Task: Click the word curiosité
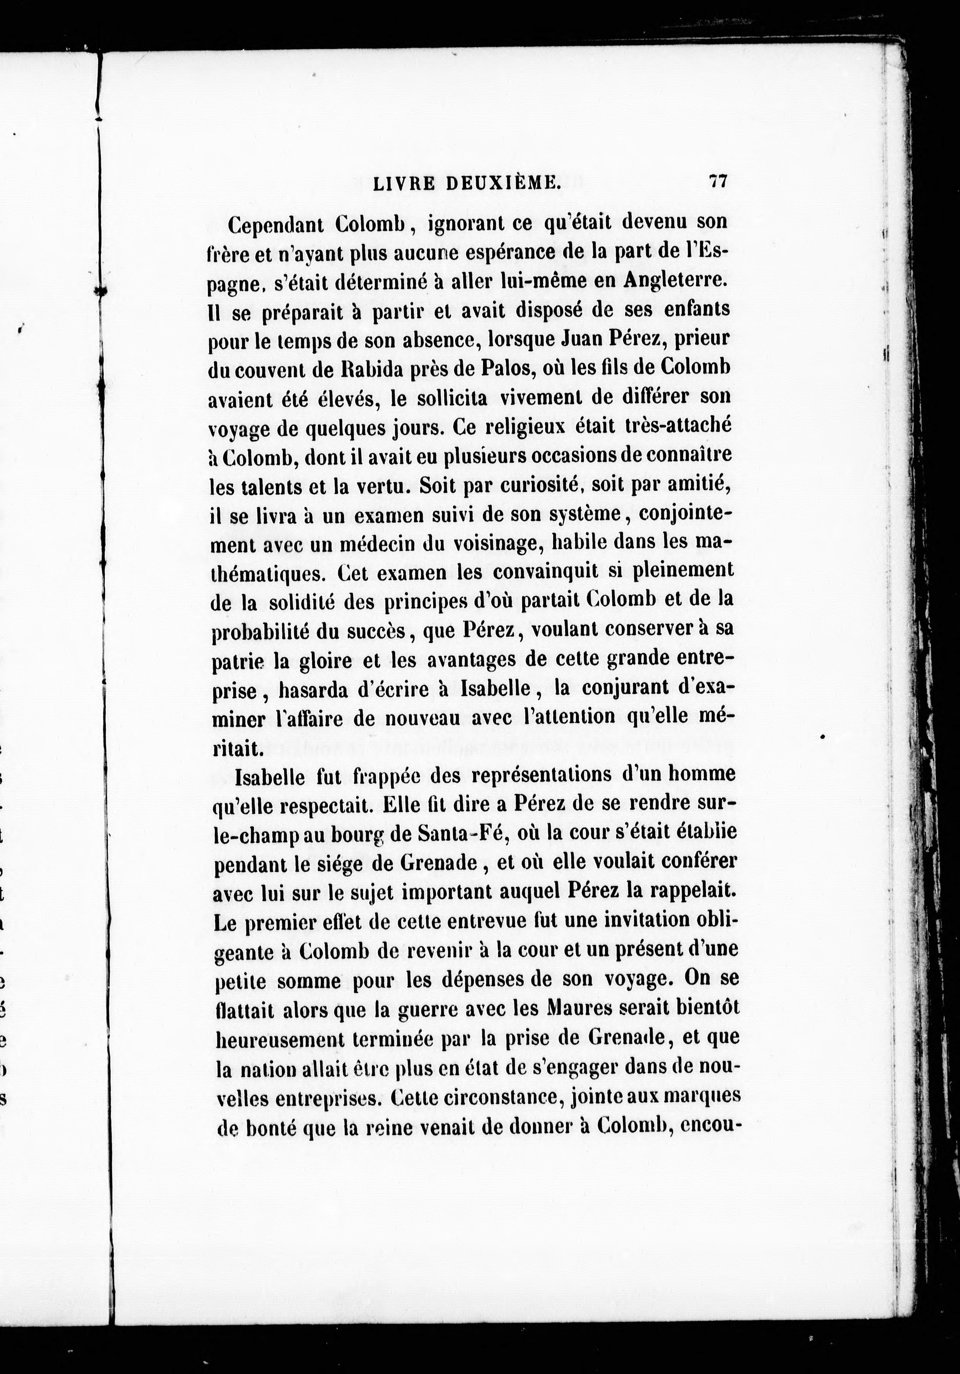[x=531, y=485]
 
